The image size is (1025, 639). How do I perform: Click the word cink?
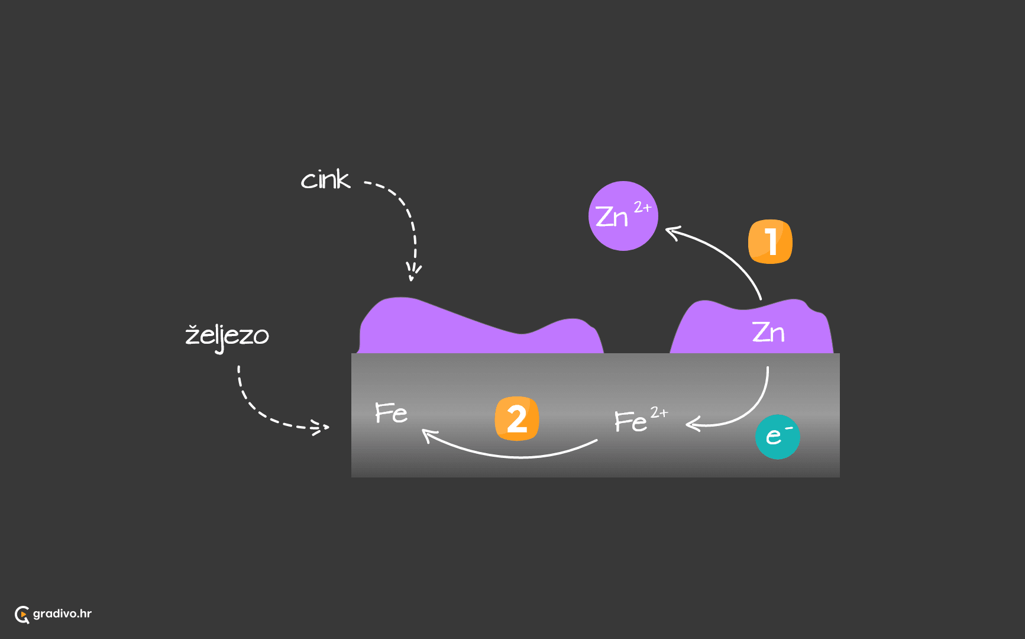325,179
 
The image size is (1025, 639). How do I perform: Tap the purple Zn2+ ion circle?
623,216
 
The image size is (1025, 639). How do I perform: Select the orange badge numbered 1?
770,241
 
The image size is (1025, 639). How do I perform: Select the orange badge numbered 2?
517,419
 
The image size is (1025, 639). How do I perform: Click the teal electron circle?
778,437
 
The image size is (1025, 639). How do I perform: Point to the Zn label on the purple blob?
768,332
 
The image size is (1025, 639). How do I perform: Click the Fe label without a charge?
391,412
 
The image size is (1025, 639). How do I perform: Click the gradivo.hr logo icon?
22,615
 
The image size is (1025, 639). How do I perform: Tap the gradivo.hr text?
62,614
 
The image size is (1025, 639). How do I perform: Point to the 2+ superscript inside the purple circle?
642,207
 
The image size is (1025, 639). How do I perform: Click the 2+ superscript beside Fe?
659,412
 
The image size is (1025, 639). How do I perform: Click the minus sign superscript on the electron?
789,428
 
